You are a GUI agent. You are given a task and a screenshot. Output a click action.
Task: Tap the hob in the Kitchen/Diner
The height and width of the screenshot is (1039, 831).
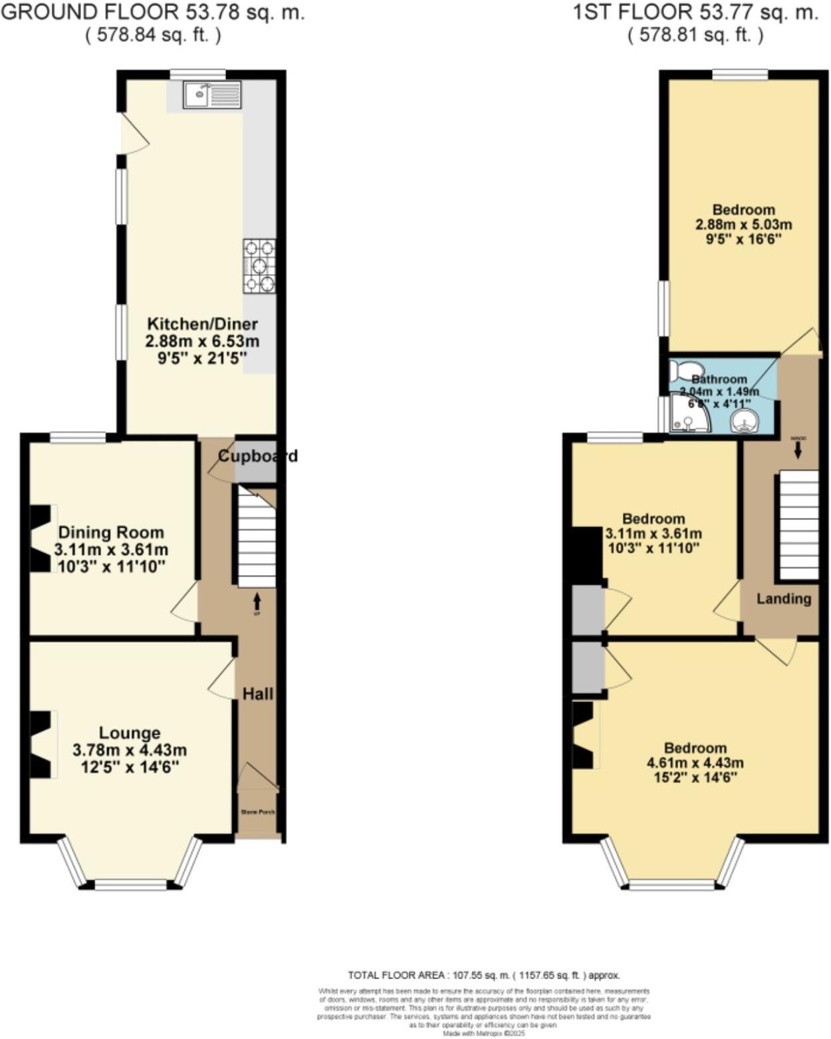259,266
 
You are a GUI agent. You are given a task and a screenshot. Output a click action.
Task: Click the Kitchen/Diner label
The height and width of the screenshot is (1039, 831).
202,324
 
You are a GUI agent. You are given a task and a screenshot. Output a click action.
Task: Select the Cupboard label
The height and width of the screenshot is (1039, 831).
258,456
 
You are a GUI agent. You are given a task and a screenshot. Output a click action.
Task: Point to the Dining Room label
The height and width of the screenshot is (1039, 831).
111,532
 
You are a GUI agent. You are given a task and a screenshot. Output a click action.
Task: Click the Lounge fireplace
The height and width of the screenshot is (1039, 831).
41,744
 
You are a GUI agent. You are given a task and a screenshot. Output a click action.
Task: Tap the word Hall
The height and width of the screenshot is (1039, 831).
258,694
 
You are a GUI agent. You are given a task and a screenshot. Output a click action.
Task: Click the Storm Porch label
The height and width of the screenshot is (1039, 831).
258,812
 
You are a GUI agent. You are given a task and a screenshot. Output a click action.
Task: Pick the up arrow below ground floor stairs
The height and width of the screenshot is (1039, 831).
257,602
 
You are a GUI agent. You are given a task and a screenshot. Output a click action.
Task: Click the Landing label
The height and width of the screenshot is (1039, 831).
784,598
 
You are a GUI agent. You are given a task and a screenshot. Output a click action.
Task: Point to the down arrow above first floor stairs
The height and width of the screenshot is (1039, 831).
798,450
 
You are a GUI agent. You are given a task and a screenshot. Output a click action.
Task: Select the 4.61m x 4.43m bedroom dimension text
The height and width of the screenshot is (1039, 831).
695,762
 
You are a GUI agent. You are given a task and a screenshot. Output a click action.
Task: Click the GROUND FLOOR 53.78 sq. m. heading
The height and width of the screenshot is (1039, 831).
153,12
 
